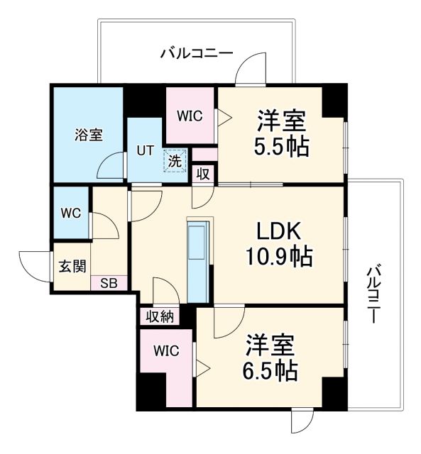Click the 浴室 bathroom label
click(x=89, y=135)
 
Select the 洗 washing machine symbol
click(x=175, y=160)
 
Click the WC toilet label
click(x=70, y=213)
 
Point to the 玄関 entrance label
click(x=72, y=266)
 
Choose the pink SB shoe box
click(x=108, y=283)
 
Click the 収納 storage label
click(x=160, y=316)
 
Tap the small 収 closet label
click(x=203, y=174)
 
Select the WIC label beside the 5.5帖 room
click(x=190, y=115)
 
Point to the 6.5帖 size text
click(x=270, y=370)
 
